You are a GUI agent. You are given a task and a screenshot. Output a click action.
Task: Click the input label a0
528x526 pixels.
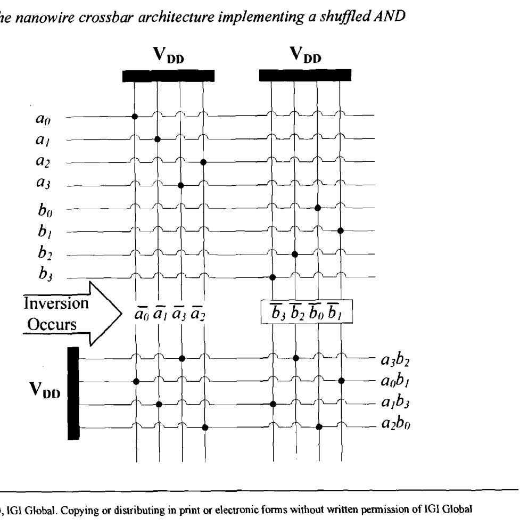[x=43, y=119]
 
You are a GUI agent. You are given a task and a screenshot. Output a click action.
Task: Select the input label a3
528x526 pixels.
[x=43, y=183]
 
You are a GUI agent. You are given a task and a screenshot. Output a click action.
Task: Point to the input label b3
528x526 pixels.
[x=45, y=273]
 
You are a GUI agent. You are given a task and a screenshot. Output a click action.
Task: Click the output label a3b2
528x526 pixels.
[x=395, y=360]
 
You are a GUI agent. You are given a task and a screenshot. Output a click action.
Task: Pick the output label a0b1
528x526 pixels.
[x=395, y=381]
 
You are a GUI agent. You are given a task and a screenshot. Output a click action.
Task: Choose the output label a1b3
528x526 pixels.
[x=395, y=402]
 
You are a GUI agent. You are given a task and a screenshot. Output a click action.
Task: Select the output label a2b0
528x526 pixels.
[x=395, y=423]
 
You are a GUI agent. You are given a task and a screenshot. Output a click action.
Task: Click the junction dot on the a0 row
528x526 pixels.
[x=135, y=117]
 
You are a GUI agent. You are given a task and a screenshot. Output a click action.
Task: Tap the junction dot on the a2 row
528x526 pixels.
[x=203, y=162]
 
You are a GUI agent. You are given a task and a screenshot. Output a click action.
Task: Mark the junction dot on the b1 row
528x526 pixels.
[x=341, y=231]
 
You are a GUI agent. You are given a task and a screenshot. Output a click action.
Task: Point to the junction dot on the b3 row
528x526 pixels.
[x=273, y=277]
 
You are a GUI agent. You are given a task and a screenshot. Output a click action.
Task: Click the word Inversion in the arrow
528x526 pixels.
[x=56, y=303]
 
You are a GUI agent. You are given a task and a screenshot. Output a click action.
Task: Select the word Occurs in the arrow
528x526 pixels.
[x=52, y=325]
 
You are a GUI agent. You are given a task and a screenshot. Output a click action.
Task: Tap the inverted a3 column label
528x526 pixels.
[x=178, y=314]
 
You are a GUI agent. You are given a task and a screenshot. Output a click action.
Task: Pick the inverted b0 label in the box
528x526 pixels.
[x=316, y=312]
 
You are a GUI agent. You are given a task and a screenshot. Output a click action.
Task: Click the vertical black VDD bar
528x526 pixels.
[x=73, y=393]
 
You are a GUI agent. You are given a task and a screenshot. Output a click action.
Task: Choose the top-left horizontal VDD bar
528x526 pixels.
[x=168, y=76]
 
